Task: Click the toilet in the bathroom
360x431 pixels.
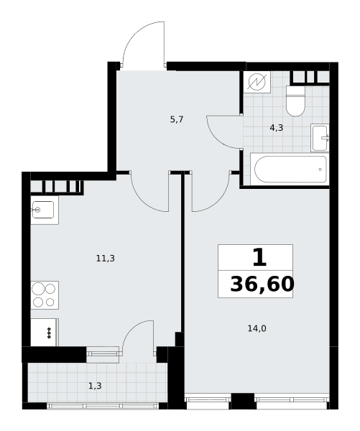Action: [295, 101]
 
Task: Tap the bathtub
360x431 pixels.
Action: [290, 170]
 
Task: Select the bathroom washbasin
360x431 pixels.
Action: [320, 137]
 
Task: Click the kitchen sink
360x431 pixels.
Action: [43, 210]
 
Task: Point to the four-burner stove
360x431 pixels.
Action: [45, 295]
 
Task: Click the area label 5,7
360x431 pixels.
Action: [177, 119]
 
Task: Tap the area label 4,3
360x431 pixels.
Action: [277, 128]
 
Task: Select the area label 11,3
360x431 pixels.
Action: [106, 259]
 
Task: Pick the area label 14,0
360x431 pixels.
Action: [257, 328]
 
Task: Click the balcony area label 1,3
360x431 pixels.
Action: [95, 386]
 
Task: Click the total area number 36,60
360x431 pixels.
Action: [262, 284]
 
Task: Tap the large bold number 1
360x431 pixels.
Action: [259, 258]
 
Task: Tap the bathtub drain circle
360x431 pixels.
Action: [320, 170]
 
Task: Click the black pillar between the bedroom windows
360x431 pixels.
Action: [242, 402]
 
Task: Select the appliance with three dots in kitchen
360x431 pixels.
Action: [45, 333]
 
